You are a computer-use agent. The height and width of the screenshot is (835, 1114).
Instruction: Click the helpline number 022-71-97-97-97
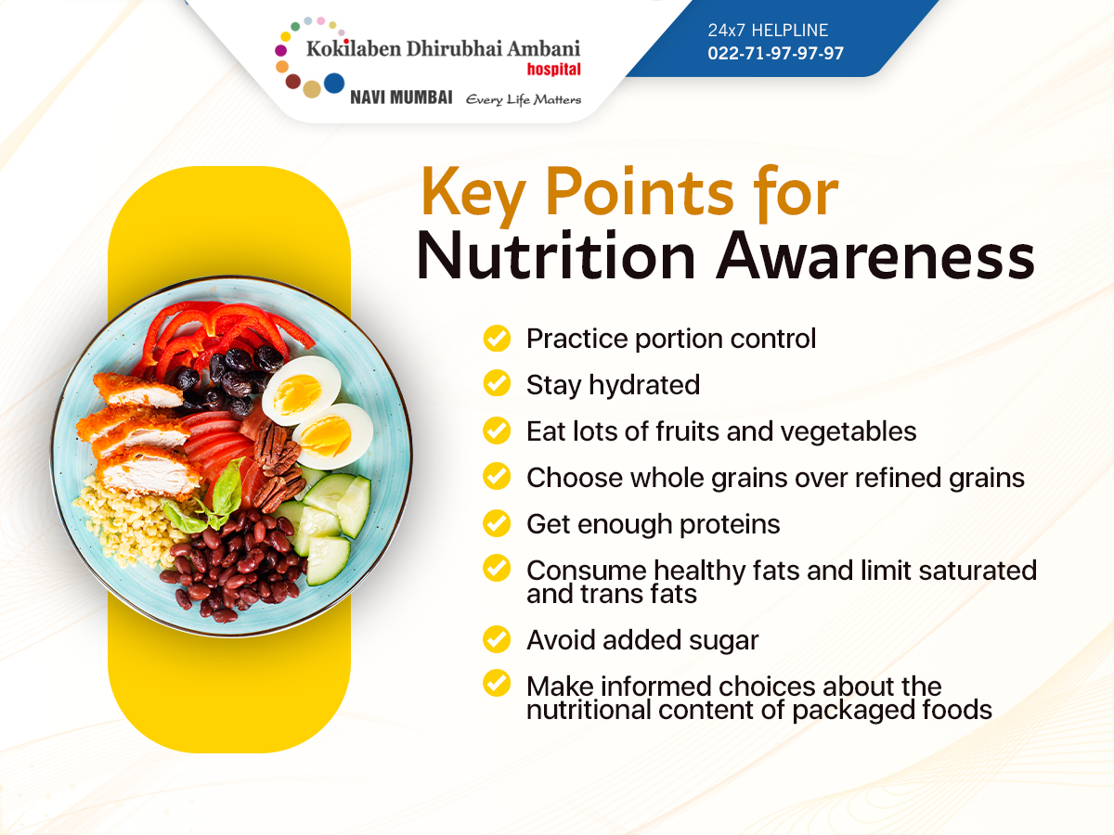point(775,53)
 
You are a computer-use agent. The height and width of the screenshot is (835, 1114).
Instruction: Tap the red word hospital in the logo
point(553,69)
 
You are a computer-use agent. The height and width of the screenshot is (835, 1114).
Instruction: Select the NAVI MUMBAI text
point(401,96)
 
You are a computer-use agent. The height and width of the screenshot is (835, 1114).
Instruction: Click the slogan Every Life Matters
point(524,99)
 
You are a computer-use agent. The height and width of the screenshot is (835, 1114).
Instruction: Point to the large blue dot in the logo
point(334,83)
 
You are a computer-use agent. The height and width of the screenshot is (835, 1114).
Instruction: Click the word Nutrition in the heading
point(556,256)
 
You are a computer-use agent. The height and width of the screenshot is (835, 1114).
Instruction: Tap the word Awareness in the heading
point(875,256)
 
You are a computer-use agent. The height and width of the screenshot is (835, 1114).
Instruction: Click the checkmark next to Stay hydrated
point(497,383)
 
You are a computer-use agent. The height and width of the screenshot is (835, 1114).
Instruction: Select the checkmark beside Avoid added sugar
point(497,639)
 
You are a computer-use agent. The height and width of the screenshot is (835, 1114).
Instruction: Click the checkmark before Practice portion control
point(497,338)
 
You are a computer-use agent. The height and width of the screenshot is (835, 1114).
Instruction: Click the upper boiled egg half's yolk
point(295,393)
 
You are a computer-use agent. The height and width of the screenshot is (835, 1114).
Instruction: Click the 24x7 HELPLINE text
point(768,31)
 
